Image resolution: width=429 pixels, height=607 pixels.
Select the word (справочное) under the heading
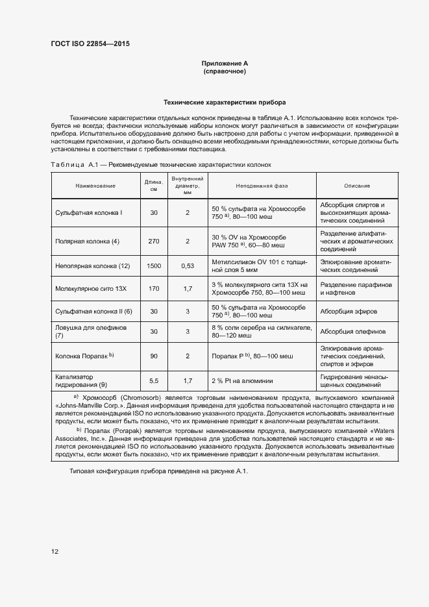pyautogui.click(x=225, y=71)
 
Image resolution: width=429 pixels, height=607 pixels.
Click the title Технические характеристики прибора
pyautogui.click(x=224, y=103)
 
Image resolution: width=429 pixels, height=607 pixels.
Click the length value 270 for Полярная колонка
pyautogui.click(x=154, y=241)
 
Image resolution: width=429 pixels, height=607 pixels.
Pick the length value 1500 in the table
pyautogui.click(x=154, y=266)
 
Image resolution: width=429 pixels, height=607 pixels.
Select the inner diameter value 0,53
pyautogui.click(x=188, y=266)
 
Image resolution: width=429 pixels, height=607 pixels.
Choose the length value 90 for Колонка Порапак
pyautogui.click(x=154, y=356)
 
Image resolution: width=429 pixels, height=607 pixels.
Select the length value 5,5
pyautogui.click(x=154, y=380)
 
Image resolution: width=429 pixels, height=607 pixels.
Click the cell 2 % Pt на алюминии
pyautogui.click(x=242, y=380)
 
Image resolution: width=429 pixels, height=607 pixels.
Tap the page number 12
pyautogui.click(x=55, y=552)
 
